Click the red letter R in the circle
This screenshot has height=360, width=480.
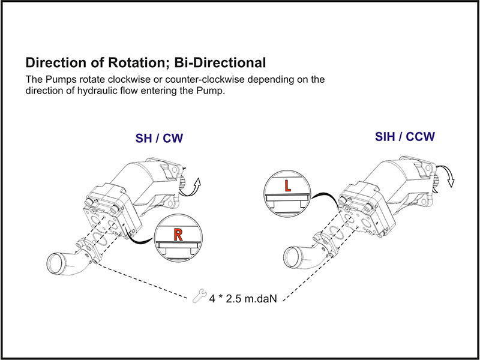click(x=178, y=235)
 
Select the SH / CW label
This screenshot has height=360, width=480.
click(x=159, y=139)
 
